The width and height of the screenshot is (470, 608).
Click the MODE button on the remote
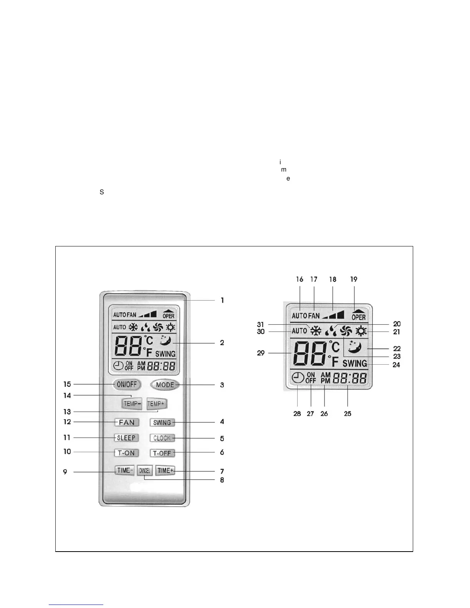click(165, 385)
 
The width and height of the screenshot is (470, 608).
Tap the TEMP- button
click(132, 404)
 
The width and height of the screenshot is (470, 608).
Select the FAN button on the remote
click(127, 422)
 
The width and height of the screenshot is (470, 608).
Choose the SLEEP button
click(126, 438)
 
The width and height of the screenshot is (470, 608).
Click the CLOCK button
click(162, 438)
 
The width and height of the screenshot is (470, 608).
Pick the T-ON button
click(126, 453)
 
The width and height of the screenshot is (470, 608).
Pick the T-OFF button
click(162, 453)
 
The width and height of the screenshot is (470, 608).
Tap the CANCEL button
click(144, 471)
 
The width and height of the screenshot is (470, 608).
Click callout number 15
click(67, 384)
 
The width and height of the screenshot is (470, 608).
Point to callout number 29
click(261, 353)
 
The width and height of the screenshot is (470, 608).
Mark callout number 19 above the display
click(354, 279)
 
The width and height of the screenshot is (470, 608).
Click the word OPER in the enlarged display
click(359, 317)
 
